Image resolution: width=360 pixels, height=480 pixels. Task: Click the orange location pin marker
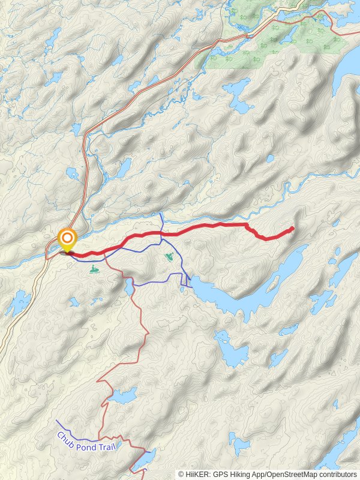click(x=67, y=240)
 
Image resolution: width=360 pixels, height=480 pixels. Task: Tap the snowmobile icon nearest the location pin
click(x=94, y=269)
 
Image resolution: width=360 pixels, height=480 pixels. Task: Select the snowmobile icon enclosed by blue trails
click(x=170, y=257)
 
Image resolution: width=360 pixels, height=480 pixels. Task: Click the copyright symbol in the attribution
click(x=181, y=474)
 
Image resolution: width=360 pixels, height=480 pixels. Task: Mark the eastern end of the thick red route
click(x=292, y=228)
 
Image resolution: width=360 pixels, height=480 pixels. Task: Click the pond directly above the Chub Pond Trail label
click(x=123, y=396)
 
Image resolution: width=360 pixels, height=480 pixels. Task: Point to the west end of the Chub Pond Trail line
click(x=56, y=421)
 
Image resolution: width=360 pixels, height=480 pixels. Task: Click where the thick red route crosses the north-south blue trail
click(x=161, y=233)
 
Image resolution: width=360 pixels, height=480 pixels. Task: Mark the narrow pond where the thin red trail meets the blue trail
click(x=130, y=287)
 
